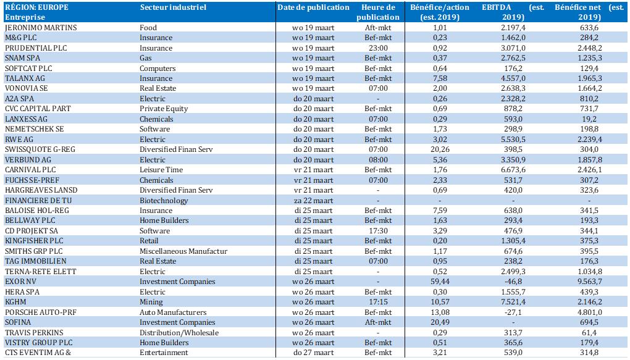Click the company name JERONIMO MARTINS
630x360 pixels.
[x=41, y=28]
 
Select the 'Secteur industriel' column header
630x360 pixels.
[x=173, y=7]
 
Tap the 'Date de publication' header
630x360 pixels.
[x=313, y=7]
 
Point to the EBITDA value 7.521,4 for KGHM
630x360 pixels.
[x=513, y=302]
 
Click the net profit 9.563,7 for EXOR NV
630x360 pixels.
[x=589, y=282]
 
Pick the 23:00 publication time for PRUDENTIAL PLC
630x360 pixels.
[x=378, y=48]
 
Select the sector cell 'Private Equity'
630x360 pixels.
[x=164, y=109]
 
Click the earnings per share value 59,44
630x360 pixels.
[x=440, y=282]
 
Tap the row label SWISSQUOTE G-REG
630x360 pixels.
[x=40, y=149]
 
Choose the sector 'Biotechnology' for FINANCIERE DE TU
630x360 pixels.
[x=164, y=201]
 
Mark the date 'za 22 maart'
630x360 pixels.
[x=313, y=201]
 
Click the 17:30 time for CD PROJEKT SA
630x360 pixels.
[x=378, y=231]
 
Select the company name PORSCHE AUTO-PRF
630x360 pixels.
[x=41, y=312]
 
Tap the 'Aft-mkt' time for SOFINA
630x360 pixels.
[x=378, y=322]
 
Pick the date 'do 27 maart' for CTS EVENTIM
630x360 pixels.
[x=313, y=353]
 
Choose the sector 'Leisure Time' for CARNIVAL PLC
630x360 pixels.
[x=161, y=170]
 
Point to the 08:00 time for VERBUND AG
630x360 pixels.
[x=378, y=159]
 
